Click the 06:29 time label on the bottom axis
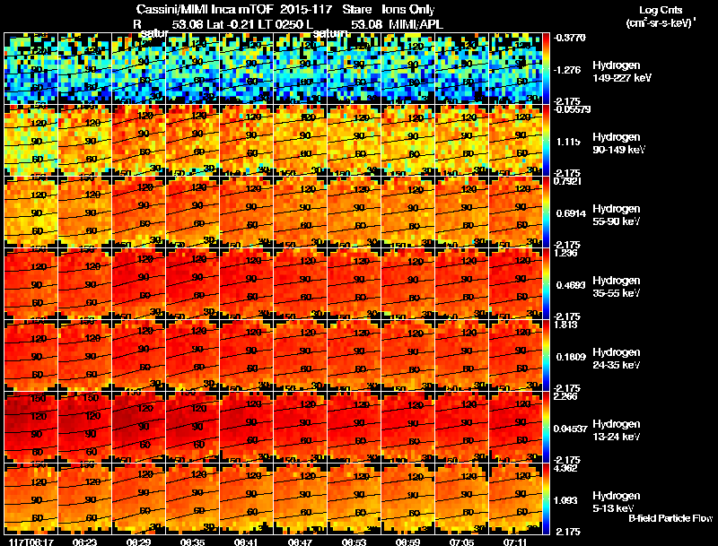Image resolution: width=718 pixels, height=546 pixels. [139, 542]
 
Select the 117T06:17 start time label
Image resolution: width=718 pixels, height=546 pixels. [26, 542]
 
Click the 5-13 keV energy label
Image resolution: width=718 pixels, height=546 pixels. [615, 508]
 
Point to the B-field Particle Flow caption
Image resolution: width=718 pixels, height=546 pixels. [670, 519]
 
